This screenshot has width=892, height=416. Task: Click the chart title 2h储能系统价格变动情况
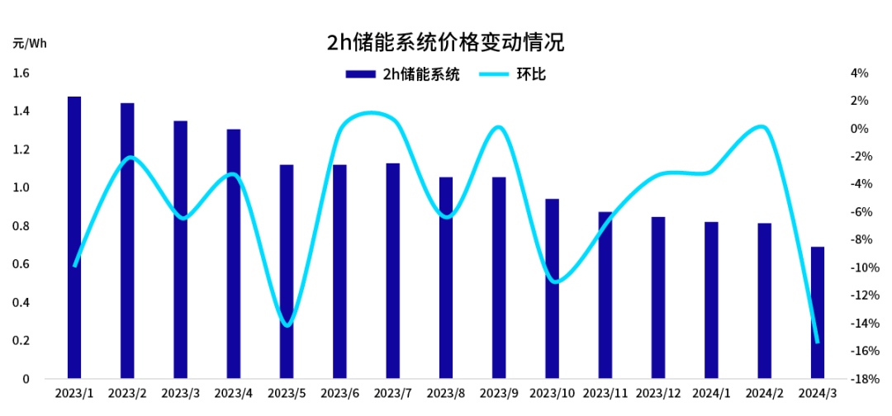(x=445, y=42)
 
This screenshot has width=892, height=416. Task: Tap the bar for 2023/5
(x=287, y=272)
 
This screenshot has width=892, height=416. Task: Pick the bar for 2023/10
(x=552, y=289)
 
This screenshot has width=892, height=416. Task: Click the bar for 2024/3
(x=817, y=313)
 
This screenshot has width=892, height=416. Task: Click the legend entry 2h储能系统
(x=401, y=74)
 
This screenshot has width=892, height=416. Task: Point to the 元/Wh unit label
(x=30, y=43)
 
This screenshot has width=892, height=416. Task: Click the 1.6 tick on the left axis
(x=21, y=73)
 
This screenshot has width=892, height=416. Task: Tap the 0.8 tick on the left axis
(x=21, y=226)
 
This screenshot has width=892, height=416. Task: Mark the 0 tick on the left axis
(x=26, y=379)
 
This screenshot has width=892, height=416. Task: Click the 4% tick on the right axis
(x=859, y=73)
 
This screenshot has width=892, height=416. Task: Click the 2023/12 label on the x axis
(x=657, y=395)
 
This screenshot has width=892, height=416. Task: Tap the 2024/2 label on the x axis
(x=764, y=395)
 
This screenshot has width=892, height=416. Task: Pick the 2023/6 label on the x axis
(x=339, y=395)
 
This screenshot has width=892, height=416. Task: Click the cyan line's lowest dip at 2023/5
(x=287, y=325)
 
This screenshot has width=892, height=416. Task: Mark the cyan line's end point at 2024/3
(x=817, y=342)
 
